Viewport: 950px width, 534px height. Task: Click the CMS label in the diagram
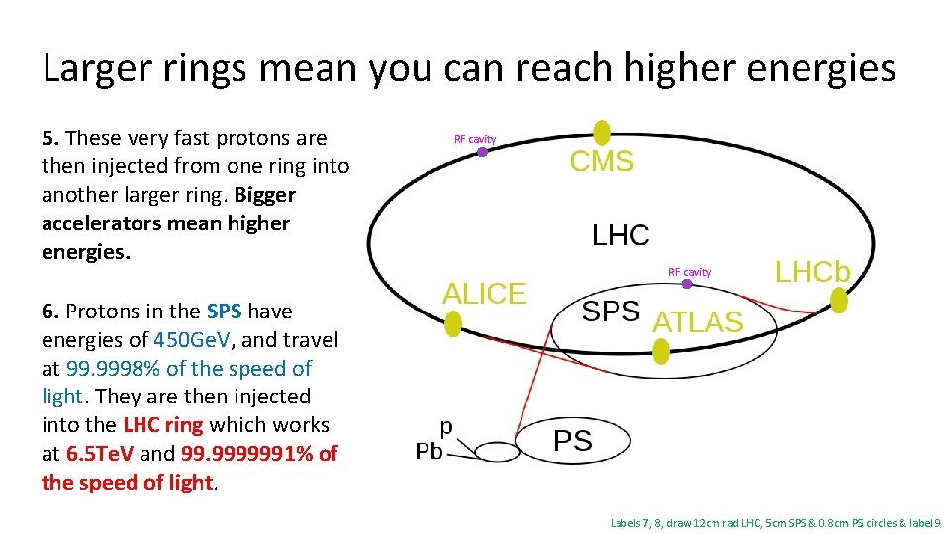pos(602,162)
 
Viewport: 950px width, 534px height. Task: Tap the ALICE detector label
pos(484,294)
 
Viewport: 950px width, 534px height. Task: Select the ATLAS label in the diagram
pos(698,321)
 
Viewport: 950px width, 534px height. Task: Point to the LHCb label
pos(811,273)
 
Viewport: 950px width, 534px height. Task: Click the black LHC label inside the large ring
pos(620,235)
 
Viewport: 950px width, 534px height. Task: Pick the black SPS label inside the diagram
pos(611,311)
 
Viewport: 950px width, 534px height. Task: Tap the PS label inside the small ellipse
pos(573,440)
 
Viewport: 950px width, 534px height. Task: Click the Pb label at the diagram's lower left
pos(428,452)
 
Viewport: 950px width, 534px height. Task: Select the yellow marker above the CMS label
pos(601,133)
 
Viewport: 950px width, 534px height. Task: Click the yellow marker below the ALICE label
pos(453,323)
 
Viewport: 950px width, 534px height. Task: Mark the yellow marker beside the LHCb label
pos(839,301)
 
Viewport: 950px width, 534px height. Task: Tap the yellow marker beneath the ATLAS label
pos(661,349)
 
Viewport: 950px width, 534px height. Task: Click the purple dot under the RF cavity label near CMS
pos(482,152)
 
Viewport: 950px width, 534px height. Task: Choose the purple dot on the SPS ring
pos(687,284)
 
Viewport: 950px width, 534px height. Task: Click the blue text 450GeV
pos(190,340)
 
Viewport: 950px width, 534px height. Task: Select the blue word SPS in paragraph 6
pos(225,311)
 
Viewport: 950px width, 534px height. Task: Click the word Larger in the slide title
pos(97,68)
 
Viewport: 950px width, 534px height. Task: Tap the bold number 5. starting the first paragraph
pos(50,138)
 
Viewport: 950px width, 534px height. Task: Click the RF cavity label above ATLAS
pos(689,272)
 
